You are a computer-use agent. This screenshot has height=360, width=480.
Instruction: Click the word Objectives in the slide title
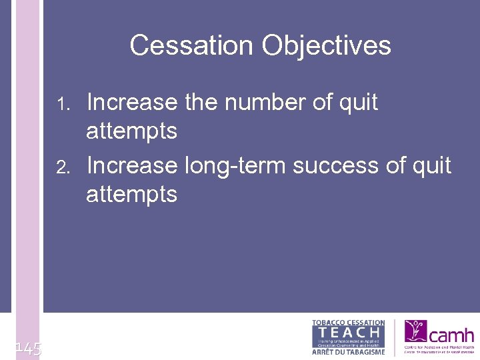pos(326,46)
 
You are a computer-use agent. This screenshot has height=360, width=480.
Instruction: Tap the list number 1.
pos(63,104)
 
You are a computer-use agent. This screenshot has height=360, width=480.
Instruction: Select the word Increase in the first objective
pos(132,103)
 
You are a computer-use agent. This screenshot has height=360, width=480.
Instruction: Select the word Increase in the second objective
pos(132,165)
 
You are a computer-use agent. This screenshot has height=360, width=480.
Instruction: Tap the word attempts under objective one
pos(131,131)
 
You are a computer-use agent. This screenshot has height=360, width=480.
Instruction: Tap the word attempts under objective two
pos(131,195)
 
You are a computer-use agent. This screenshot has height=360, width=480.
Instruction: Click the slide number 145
pos(28,347)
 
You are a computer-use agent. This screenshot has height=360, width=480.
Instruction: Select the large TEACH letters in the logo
pos(349,331)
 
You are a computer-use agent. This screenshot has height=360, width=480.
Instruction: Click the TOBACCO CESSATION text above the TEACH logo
pos(349,323)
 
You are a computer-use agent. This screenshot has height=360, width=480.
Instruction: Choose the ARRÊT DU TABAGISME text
pos(349,351)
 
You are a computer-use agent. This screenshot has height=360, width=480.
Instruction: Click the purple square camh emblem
pos(417,331)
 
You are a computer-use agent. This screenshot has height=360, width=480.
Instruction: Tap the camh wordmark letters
pos(452,334)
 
